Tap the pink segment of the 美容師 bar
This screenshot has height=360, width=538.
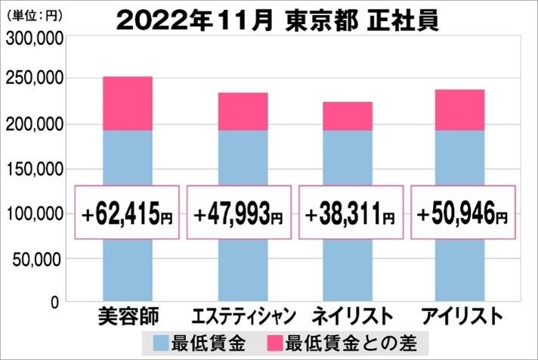pyautogui.click(x=127, y=104)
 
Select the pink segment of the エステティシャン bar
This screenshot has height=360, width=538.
pyautogui.click(x=243, y=112)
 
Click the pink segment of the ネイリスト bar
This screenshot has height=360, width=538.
pyautogui.click(x=347, y=116)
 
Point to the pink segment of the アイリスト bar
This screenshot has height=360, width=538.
pyautogui.click(x=459, y=110)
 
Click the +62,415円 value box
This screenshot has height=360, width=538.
pyautogui.click(x=127, y=213)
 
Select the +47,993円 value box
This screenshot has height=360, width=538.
pyautogui.click(x=239, y=213)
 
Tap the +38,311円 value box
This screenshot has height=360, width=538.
pyautogui.click(x=350, y=213)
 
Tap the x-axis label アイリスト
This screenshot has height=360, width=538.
pyautogui.click(x=459, y=314)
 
